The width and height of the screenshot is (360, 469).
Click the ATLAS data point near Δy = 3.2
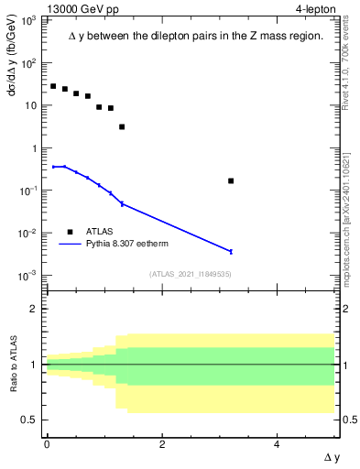tap(231, 180)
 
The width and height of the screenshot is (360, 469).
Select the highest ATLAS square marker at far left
tap(53, 86)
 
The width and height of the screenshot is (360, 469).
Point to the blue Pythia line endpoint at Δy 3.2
tap(231, 251)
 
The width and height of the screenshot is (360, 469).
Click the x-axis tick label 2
tap(162, 444)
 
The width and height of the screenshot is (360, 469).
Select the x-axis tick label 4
tap(278, 444)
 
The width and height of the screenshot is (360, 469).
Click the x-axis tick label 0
tap(47, 444)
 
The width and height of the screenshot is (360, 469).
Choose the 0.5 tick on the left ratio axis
tap(31, 420)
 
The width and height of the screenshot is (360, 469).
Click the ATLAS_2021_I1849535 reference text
tap(191, 273)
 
